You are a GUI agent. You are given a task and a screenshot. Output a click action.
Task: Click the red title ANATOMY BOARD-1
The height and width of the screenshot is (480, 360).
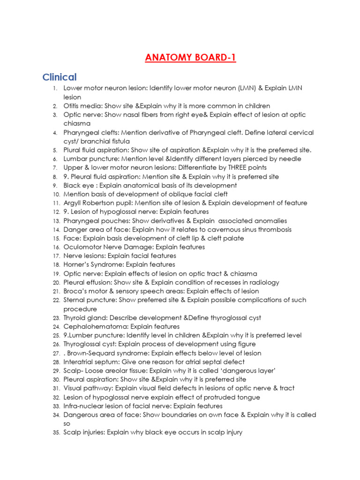click(x=190, y=58)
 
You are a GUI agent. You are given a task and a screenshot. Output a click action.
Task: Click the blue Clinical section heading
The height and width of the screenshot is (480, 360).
click(x=60, y=77)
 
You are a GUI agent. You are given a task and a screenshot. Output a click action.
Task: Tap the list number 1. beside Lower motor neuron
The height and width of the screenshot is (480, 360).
click(x=55, y=89)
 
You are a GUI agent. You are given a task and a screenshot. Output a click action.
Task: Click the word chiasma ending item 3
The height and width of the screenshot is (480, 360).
click(x=77, y=124)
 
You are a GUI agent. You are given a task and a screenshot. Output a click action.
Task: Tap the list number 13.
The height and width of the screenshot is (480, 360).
click(x=56, y=221)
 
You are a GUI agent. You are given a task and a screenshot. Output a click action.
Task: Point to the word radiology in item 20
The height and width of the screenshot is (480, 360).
click(x=263, y=283)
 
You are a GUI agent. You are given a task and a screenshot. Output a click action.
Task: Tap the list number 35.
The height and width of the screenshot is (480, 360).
click(x=56, y=433)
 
